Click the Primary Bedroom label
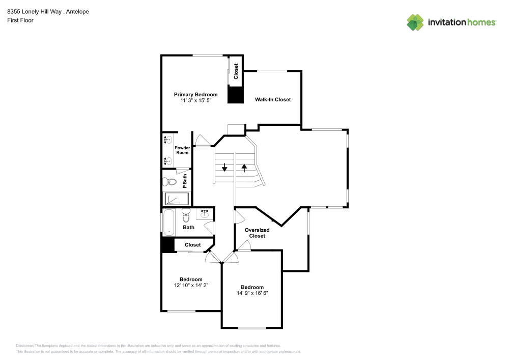195,94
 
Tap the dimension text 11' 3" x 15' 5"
195,101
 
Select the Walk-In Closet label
273,99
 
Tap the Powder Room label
182,150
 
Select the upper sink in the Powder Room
167,140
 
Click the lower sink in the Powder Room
167,161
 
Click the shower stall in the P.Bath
176,199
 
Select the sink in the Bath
205,213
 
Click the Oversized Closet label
257,233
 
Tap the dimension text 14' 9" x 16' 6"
252,293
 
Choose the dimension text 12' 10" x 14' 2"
191,286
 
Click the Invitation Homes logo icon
415,22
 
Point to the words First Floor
20,20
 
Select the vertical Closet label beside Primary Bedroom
236,71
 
